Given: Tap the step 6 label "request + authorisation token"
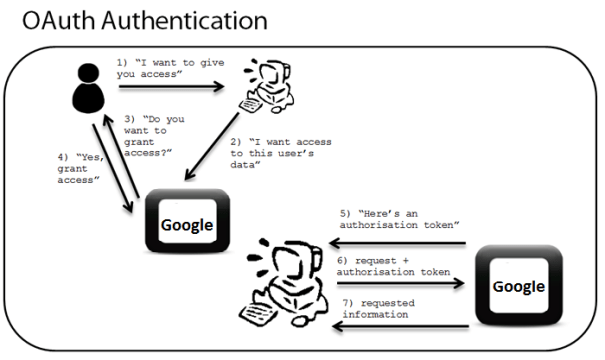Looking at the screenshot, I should point(396,266).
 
